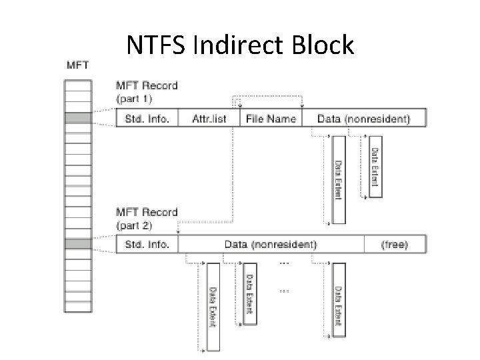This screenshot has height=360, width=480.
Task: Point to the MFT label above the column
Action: click(x=79, y=65)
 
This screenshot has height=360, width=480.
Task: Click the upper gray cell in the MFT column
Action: click(x=79, y=119)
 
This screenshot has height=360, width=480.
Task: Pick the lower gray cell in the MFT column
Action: click(x=79, y=244)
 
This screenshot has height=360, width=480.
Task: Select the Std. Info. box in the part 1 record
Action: click(x=147, y=119)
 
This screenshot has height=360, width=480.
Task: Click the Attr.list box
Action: click(x=209, y=119)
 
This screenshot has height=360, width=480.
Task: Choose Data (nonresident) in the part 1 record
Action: click(x=363, y=119)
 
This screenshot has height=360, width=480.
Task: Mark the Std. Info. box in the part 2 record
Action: click(x=147, y=244)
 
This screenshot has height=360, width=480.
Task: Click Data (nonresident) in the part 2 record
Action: click(x=272, y=244)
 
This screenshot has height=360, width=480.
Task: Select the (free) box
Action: click(x=394, y=244)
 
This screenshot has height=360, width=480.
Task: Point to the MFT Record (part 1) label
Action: click(x=147, y=91)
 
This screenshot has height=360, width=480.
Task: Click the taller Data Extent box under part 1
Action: click(x=339, y=179)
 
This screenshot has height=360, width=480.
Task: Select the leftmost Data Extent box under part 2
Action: click(x=213, y=307)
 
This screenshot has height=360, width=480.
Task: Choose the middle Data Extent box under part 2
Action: click(x=249, y=293)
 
